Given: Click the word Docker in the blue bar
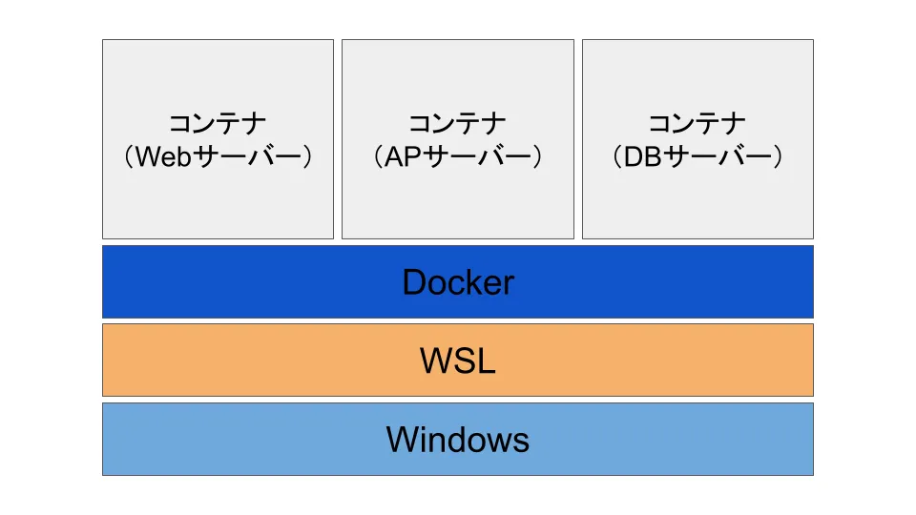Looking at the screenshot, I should (x=458, y=282).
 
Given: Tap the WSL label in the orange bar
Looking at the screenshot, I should (x=458, y=360).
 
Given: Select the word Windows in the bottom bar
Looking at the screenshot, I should (x=458, y=440).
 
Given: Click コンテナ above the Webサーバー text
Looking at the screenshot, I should (x=218, y=124).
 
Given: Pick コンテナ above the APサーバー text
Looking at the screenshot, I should (x=458, y=124).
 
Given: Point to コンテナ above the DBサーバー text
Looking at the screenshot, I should (x=697, y=124).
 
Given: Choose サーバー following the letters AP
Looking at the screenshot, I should (x=474, y=156).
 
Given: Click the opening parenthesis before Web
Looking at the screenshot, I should (x=129, y=156).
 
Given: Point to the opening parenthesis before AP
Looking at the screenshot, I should (x=379, y=156).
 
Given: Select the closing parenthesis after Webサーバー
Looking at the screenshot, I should (x=305, y=156).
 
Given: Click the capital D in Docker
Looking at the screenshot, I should (x=413, y=282).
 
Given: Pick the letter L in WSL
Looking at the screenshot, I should (x=487, y=360).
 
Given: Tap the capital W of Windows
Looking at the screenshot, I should (x=402, y=440).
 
